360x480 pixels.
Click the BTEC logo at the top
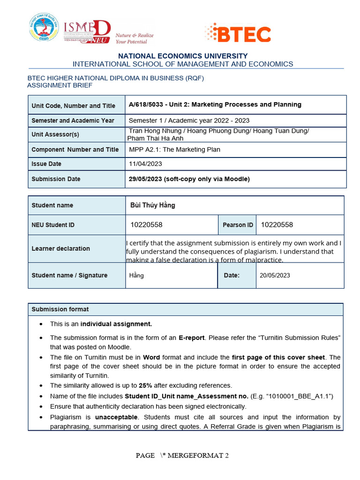click(x=238, y=34)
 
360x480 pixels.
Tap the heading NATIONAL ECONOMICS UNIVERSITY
click(x=183, y=56)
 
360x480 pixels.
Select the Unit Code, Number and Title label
click(x=73, y=106)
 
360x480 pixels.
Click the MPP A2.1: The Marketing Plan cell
click(x=174, y=150)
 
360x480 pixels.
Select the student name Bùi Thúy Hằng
click(x=152, y=205)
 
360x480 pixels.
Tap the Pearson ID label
click(x=238, y=225)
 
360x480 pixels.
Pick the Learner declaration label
click(x=60, y=248)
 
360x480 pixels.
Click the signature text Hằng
click(x=136, y=276)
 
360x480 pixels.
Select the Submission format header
click(x=60, y=309)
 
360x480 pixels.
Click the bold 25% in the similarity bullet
click(x=145, y=386)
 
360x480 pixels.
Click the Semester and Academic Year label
click(x=73, y=120)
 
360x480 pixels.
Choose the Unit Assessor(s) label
click(x=55, y=135)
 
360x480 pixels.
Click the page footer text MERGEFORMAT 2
click(x=198, y=455)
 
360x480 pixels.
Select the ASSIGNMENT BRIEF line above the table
click(x=60, y=85)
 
